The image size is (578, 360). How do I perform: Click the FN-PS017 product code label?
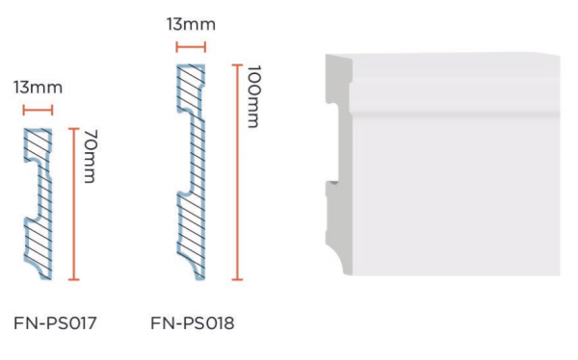click(55, 323)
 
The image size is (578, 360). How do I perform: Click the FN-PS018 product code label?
click(192, 323)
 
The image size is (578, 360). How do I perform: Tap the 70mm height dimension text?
click(91, 156)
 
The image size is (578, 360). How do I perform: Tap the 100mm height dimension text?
click(254, 96)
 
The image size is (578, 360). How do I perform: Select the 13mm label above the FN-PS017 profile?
click(38, 88)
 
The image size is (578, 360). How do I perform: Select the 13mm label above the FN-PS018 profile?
click(191, 25)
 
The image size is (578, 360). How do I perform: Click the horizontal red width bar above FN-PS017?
click(38, 110)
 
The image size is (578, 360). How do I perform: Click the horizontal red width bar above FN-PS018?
click(191, 47)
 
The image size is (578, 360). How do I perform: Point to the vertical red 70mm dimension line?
click(74, 204)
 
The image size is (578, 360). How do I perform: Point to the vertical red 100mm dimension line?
click(237, 172)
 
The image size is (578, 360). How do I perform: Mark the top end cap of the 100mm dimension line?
click(237, 65)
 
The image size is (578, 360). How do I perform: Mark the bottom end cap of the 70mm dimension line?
click(74, 279)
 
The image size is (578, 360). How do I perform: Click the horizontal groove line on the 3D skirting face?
click(456, 114)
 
